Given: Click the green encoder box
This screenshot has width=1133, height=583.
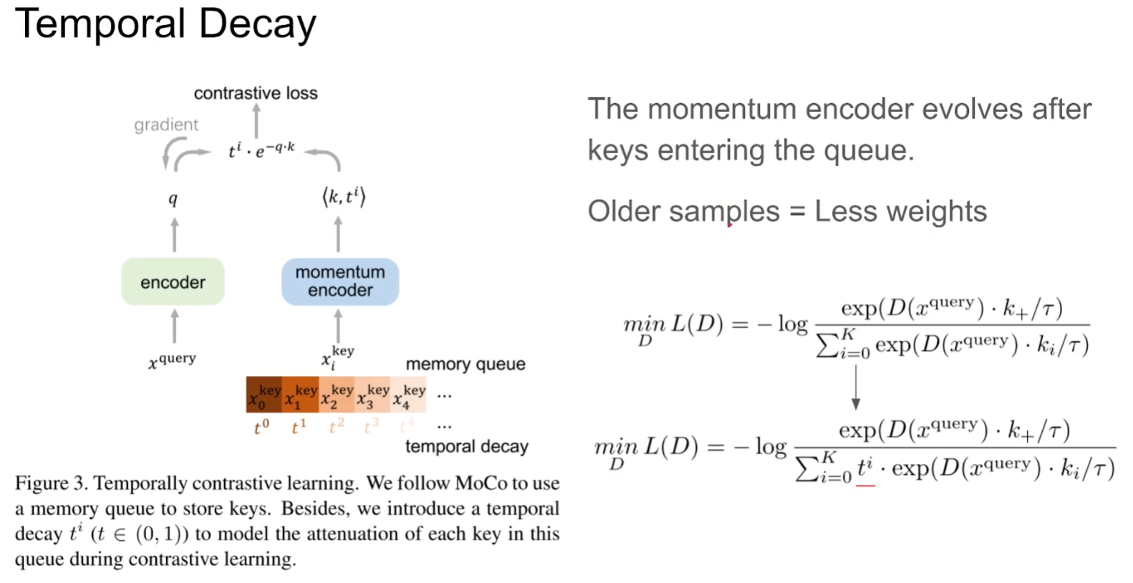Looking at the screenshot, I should (173, 282).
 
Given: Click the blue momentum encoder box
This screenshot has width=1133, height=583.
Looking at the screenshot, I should (340, 281).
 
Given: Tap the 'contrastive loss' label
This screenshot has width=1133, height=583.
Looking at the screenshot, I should (256, 93).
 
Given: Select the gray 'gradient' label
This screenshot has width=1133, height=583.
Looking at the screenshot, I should (166, 125).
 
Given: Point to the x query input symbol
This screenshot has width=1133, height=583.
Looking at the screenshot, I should (172, 360).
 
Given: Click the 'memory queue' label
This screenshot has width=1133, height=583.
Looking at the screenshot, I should (466, 364).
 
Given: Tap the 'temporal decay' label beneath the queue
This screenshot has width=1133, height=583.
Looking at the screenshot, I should (466, 446).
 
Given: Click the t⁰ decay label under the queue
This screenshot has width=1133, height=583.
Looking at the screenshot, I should (261, 427).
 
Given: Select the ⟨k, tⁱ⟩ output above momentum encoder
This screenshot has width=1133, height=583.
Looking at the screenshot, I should (344, 196).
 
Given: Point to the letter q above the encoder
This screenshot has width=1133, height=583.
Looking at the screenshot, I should (173, 198).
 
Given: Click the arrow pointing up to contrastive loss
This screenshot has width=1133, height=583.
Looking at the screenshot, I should (256, 120).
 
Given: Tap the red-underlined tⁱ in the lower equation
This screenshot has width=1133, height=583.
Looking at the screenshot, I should (865, 468).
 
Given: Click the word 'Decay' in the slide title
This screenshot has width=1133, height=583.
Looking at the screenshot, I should (257, 24).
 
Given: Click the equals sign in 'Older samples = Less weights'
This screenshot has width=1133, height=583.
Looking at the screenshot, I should (797, 212).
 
